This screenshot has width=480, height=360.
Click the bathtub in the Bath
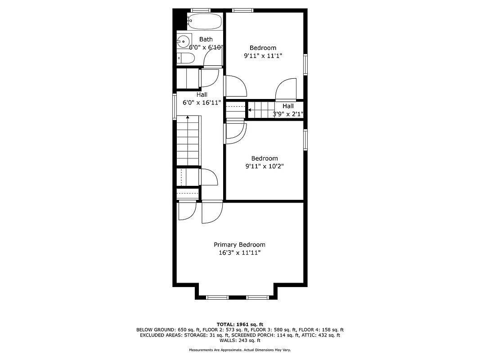tap(205, 21)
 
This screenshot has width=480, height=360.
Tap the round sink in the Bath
tap(183, 42)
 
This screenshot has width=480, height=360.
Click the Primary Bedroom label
tap(239, 245)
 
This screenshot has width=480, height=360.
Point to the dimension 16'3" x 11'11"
tap(239, 253)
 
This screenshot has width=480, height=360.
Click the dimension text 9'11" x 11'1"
tap(263, 56)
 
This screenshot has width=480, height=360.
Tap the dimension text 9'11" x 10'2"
tap(264, 166)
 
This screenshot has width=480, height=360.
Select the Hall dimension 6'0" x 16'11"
tap(202, 103)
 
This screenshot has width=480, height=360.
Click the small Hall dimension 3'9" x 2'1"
tap(288, 114)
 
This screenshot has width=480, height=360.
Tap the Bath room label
tap(206, 40)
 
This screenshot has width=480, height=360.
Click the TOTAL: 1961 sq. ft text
tap(240, 324)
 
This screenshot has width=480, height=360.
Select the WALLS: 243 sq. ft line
tap(240, 341)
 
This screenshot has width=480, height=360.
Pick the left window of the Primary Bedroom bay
tap(217, 297)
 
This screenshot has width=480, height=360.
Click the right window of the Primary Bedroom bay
tap(257, 297)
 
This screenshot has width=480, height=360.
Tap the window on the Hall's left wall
tap(175, 107)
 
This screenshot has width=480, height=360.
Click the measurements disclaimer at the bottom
tap(240, 350)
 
